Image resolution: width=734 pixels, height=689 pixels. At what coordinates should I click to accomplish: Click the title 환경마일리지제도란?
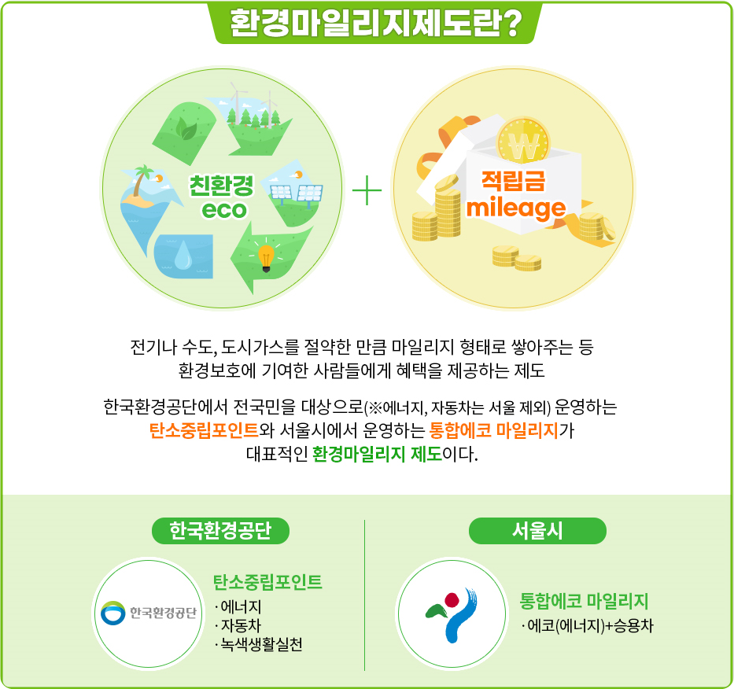(376, 23)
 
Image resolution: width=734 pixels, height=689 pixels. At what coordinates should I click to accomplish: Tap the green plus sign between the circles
(367, 190)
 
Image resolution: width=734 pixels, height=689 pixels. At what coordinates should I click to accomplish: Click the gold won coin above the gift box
(523, 142)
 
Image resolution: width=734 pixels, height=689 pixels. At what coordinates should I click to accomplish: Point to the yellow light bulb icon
(266, 258)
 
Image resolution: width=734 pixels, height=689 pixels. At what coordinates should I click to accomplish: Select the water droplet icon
(183, 255)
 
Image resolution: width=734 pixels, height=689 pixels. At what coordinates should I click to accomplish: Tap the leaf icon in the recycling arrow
(186, 129)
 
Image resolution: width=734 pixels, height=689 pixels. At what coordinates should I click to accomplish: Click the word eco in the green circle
(223, 210)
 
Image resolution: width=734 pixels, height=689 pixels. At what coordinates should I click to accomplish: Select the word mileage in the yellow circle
(516, 208)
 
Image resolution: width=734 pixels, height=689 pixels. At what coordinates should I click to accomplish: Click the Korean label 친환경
(221, 186)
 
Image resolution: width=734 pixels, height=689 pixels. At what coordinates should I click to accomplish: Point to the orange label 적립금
(514, 180)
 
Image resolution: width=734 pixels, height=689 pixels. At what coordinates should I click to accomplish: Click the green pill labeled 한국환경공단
(220, 531)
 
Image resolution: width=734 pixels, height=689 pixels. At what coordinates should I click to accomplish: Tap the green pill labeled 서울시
(537, 531)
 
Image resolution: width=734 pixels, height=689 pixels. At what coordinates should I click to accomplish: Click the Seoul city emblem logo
(452, 614)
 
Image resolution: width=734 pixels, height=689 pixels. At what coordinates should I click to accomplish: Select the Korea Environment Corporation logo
(149, 613)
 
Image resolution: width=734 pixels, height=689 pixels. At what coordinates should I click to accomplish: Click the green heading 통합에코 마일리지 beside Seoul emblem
(584, 601)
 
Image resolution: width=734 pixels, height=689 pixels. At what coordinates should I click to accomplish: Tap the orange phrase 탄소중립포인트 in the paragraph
(204, 430)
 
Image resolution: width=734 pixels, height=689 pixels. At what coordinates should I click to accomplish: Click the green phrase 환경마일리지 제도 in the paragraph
(378, 454)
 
